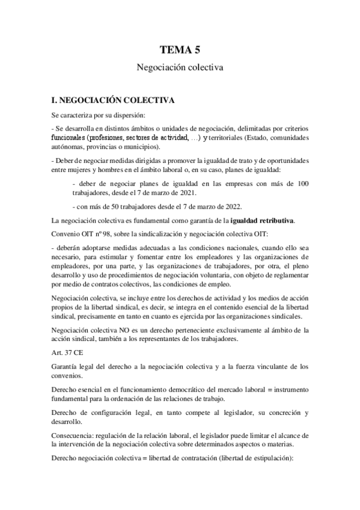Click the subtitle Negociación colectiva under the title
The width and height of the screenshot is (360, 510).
[x=180, y=69]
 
